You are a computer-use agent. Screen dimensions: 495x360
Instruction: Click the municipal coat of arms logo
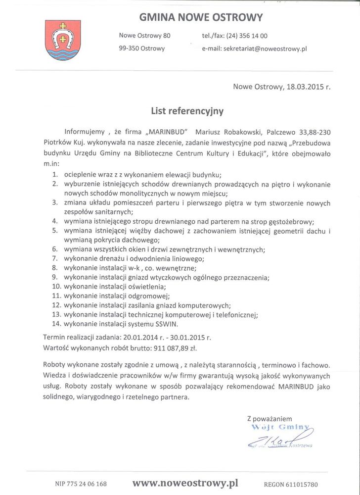click(60, 40)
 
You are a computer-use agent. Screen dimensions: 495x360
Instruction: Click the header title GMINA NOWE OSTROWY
click(201, 18)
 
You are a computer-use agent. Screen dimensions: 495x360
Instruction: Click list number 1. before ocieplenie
click(56, 174)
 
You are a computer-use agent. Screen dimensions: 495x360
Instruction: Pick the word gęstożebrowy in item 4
click(288, 221)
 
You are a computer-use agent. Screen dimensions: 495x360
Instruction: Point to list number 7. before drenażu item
click(56, 258)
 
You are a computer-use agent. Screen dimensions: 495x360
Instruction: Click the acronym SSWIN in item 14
click(166, 324)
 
